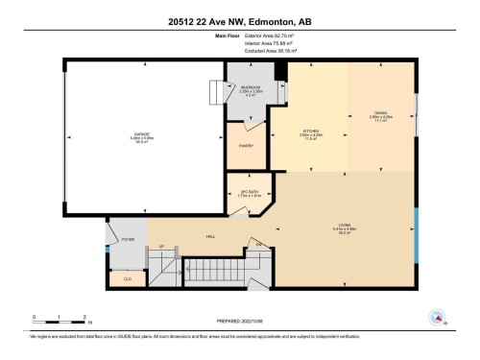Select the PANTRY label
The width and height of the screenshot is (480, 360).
click(x=247, y=146)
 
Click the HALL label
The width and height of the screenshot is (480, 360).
click(x=209, y=235)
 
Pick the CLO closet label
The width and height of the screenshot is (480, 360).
click(x=127, y=278)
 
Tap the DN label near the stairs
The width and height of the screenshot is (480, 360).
click(x=258, y=246)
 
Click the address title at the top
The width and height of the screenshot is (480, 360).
click(x=240, y=21)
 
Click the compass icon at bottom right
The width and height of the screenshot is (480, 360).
click(x=438, y=317)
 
